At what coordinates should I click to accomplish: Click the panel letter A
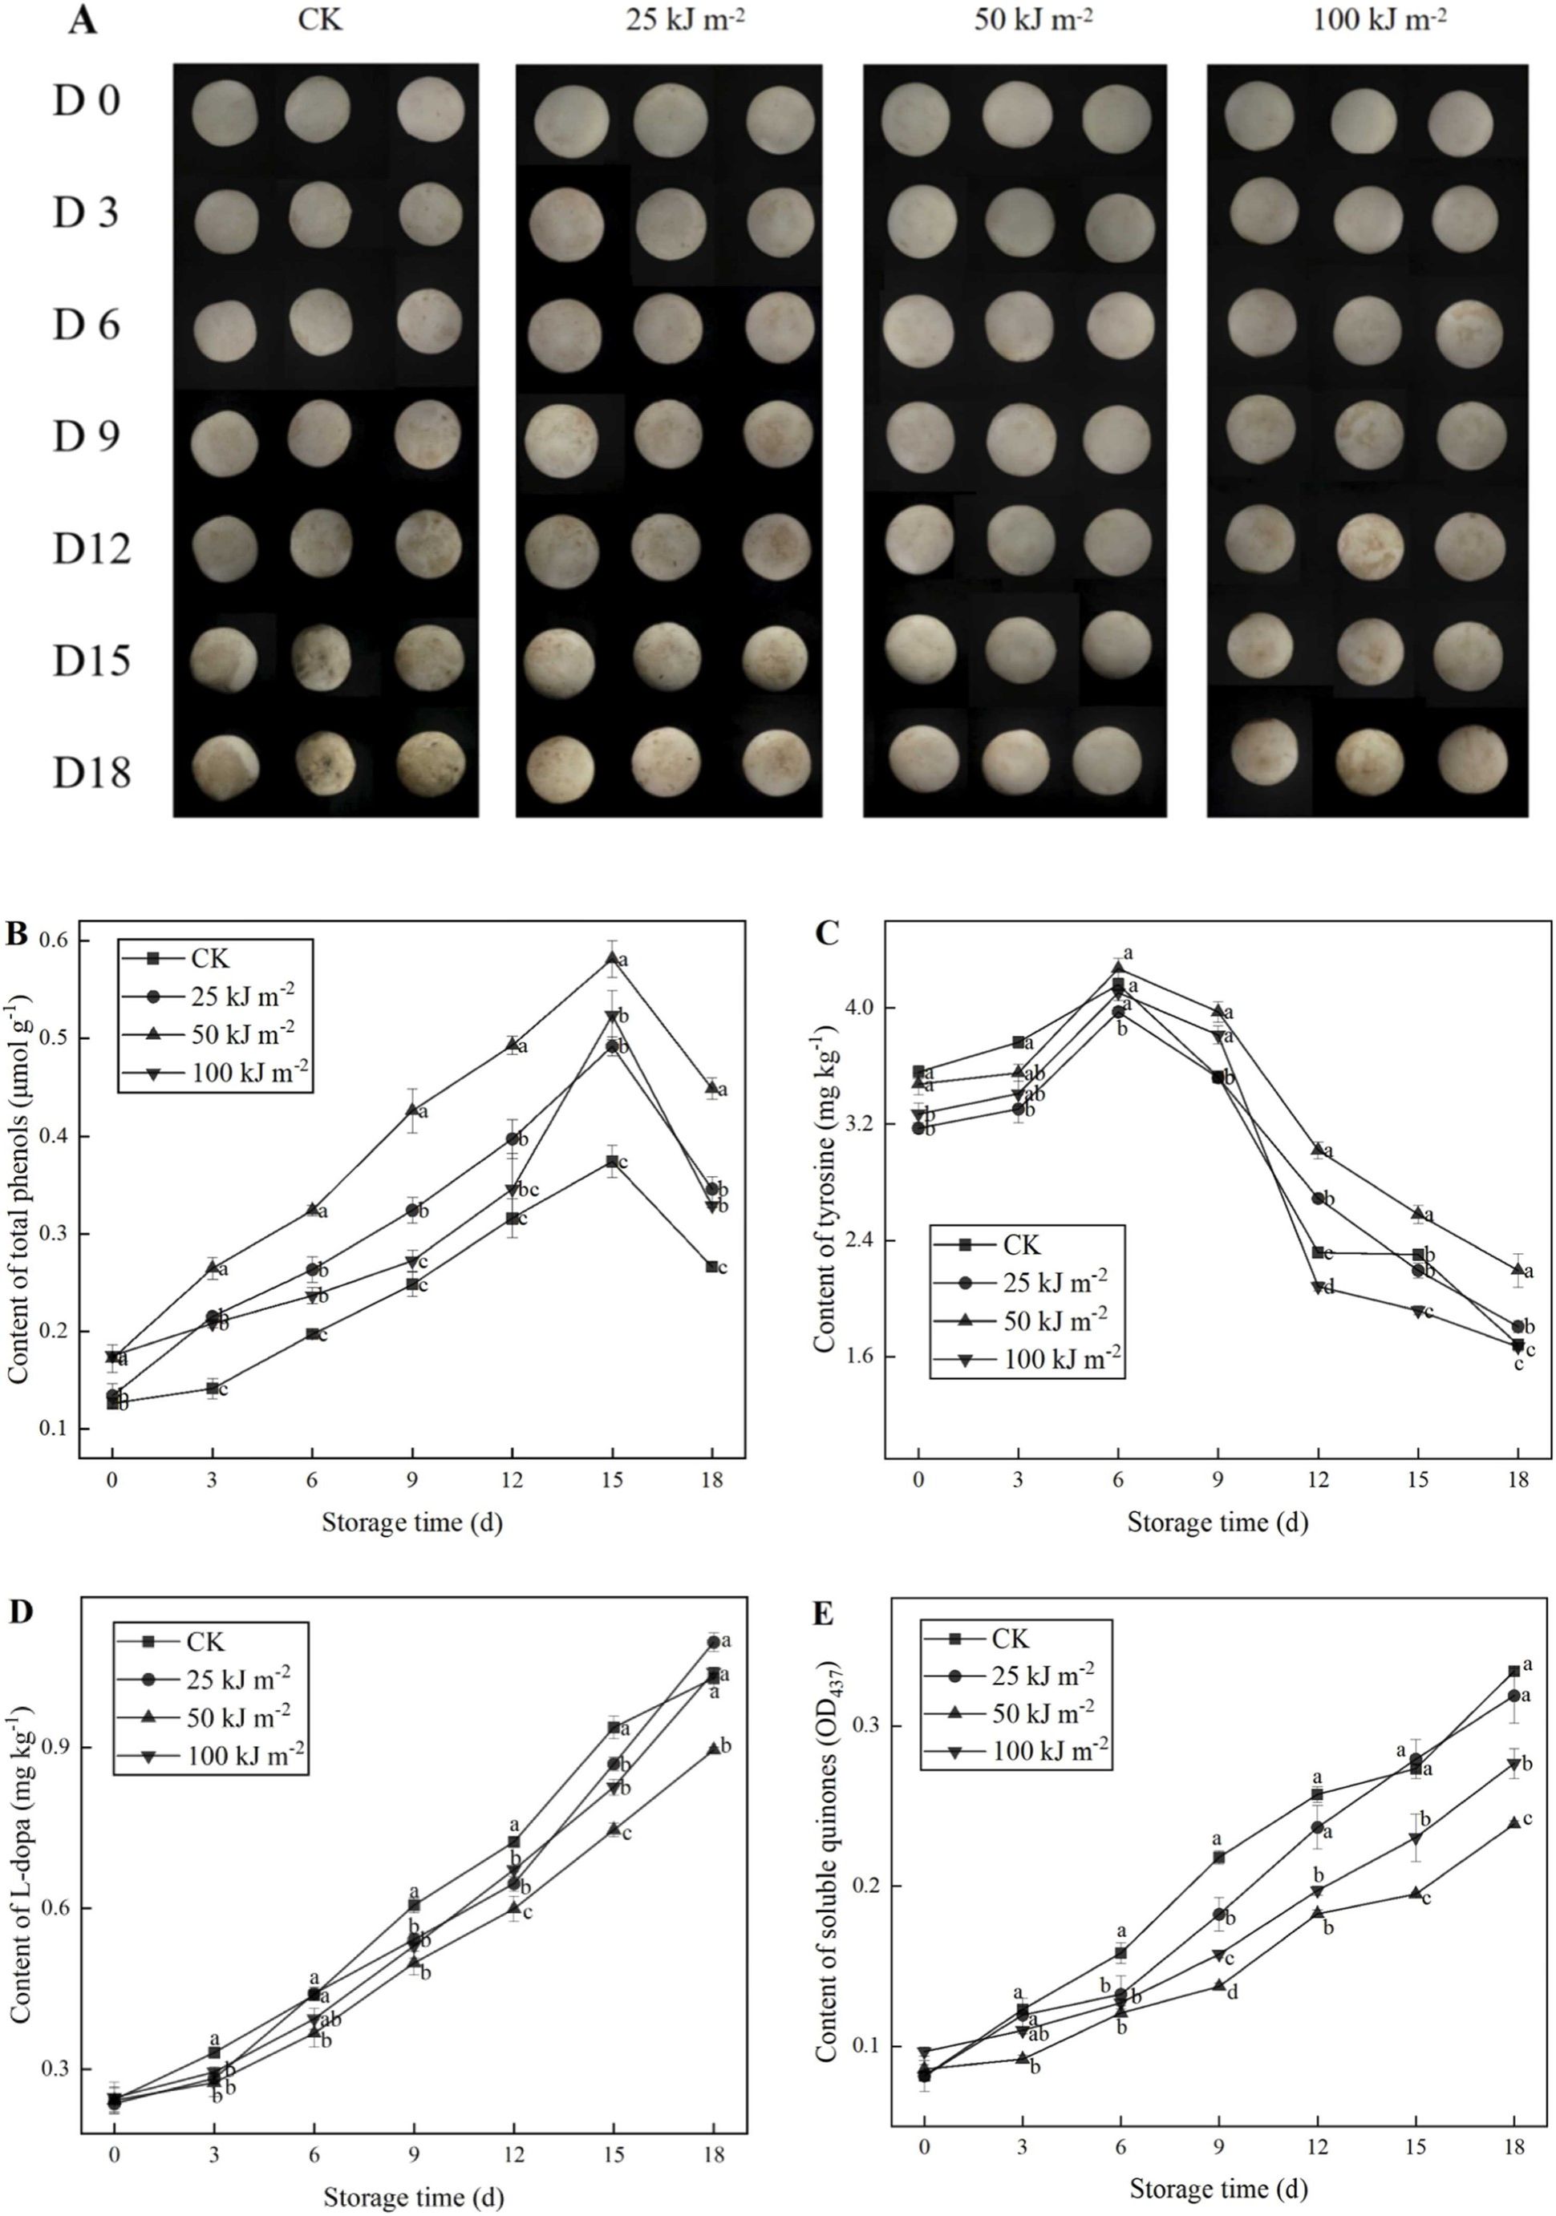83,20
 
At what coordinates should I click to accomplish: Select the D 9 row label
86,436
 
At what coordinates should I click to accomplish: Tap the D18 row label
91,772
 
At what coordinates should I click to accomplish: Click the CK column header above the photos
319,19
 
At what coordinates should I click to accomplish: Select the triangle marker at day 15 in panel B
612,957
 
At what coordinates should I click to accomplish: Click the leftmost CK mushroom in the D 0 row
225,114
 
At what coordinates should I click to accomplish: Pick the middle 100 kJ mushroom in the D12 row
1369,548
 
